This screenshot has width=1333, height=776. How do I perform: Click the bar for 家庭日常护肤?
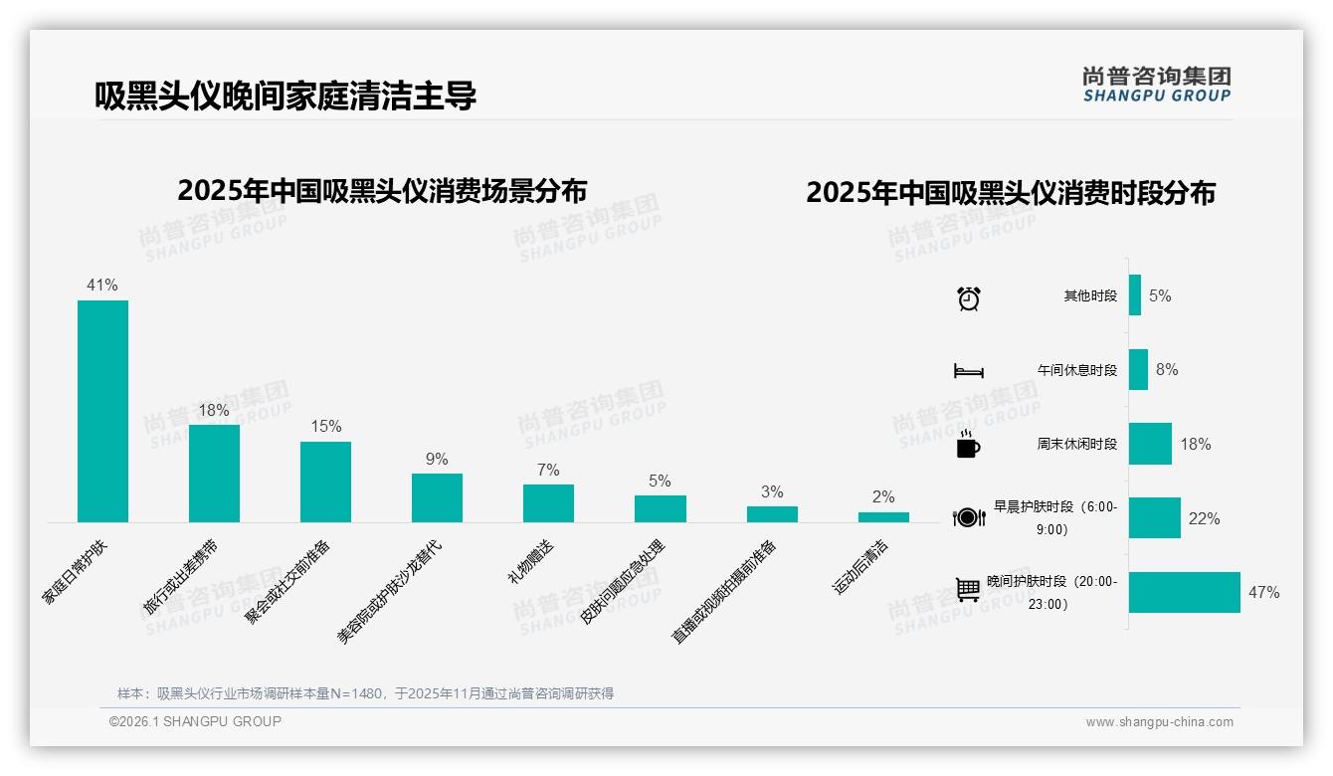102,411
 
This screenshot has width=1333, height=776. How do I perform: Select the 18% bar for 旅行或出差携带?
214,473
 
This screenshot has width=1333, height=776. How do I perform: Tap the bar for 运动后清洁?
883,516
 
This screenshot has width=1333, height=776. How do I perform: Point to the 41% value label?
102,286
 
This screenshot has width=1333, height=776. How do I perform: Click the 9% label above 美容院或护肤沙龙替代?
437,459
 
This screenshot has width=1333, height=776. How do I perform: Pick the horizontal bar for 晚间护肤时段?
1184,592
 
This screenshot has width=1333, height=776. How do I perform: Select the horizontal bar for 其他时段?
1134,295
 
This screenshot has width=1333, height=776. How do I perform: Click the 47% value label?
1263,593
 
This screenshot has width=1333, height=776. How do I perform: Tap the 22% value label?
1204,518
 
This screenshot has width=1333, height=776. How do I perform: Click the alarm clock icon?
969,297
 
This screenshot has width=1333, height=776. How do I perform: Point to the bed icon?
969,371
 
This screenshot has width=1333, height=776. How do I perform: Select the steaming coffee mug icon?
968,445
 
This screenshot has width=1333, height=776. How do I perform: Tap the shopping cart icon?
968,591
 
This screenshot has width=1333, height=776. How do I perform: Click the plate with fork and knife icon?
969,517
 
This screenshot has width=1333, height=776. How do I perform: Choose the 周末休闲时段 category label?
1076,444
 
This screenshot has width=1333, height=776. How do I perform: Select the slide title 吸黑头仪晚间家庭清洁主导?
286,96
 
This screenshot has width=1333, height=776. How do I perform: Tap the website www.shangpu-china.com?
1159,722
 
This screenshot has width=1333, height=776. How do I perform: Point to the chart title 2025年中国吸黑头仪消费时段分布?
1011,193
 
